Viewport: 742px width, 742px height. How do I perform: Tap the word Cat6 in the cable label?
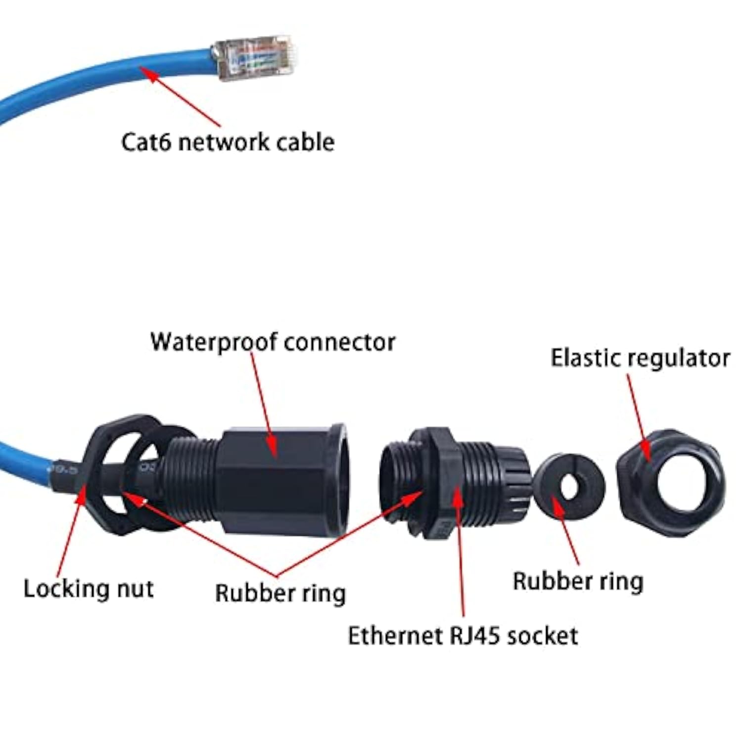(x=146, y=142)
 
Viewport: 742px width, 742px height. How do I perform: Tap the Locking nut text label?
(x=89, y=589)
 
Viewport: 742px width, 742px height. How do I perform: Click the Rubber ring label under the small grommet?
(x=578, y=581)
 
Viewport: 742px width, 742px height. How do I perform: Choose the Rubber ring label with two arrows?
(x=280, y=593)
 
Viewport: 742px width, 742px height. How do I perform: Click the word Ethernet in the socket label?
(x=396, y=636)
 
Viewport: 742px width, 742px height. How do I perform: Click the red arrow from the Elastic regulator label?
(x=638, y=416)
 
